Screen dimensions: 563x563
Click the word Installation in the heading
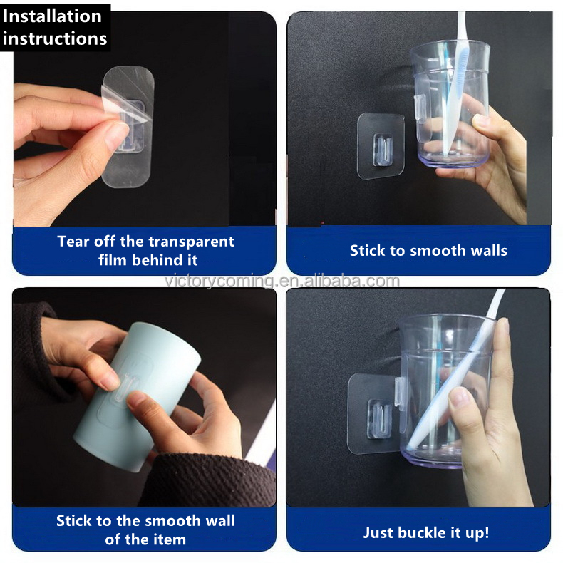(x=53, y=15)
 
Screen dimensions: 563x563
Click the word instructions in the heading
(x=55, y=38)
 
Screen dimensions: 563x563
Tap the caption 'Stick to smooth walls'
(x=428, y=250)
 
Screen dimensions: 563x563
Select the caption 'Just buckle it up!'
(x=426, y=532)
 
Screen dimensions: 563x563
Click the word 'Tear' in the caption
(x=73, y=241)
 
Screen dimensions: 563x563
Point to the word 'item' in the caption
(x=170, y=539)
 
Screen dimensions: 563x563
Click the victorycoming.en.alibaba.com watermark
(x=281, y=280)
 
